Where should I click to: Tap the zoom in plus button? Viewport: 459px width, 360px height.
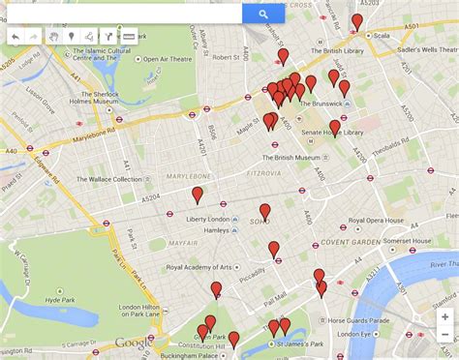pos(444,316)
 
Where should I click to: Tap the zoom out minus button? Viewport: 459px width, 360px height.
pos(444,336)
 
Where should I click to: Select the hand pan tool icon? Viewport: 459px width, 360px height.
pos(54,37)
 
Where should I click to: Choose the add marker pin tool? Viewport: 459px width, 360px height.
pos(72,37)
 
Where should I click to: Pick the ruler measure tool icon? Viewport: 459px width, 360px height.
pos(129,37)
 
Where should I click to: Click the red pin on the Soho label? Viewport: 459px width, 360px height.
pos(264,212)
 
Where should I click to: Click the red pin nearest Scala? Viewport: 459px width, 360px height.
pos(356,21)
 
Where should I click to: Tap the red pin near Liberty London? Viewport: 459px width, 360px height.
pos(198,195)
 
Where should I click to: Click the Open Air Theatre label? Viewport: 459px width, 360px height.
pos(170,59)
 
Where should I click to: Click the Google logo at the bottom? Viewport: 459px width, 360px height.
pos(133,342)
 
